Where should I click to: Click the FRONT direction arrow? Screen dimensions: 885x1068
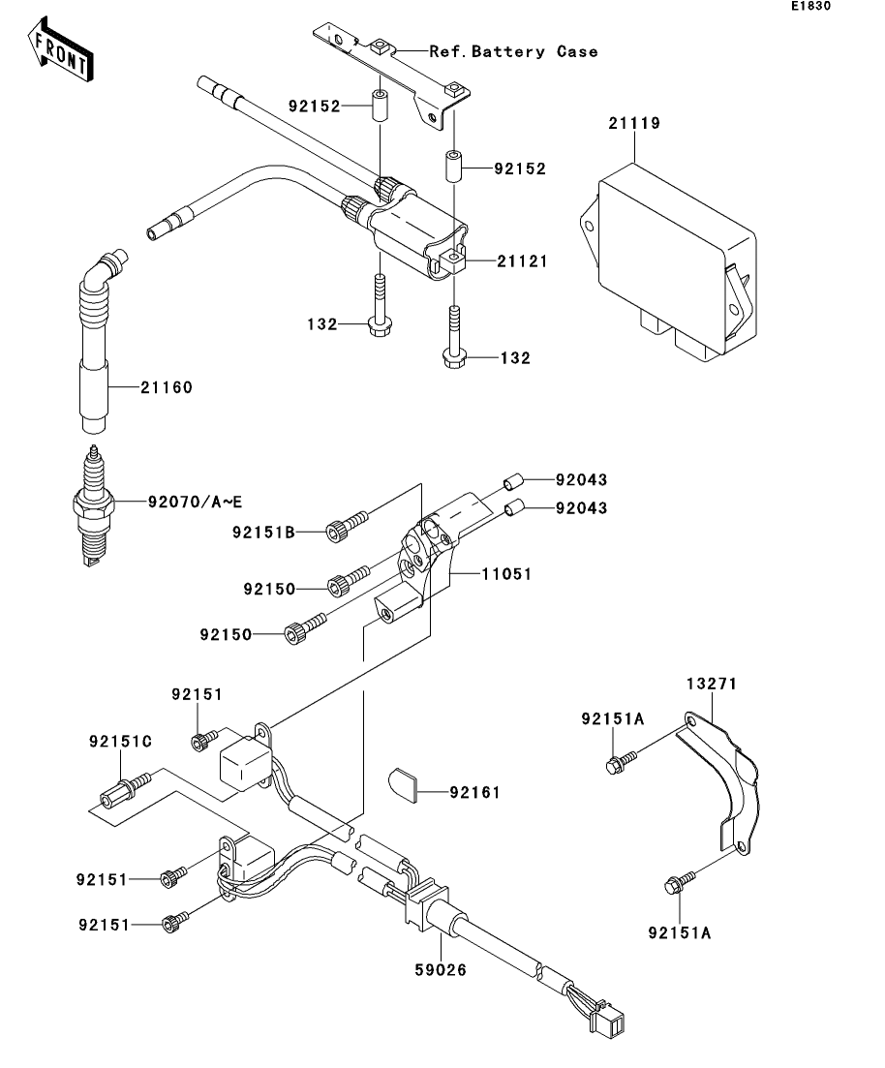coord(60,49)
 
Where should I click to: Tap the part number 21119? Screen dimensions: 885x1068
coord(634,123)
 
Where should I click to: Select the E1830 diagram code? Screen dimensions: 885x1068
coord(810,6)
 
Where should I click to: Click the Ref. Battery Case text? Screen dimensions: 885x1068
coord(514,51)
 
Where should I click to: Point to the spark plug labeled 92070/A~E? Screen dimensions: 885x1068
coord(92,505)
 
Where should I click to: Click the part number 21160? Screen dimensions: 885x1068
coord(167,387)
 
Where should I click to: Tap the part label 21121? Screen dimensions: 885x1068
coord(523,261)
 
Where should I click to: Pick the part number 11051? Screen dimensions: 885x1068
coord(506,574)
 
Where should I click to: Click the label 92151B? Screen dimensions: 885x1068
coord(263,532)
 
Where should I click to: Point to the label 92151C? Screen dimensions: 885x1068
coord(120,741)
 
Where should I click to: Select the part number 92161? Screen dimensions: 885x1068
coord(474,793)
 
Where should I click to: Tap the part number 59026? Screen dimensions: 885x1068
coord(441,970)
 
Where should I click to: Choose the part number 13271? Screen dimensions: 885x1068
coord(712,684)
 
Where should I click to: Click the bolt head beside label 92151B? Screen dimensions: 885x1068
coord(335,532)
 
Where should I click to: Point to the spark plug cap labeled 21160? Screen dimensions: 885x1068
coord(97,341)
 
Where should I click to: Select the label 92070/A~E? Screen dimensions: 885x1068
coord(195,502)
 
